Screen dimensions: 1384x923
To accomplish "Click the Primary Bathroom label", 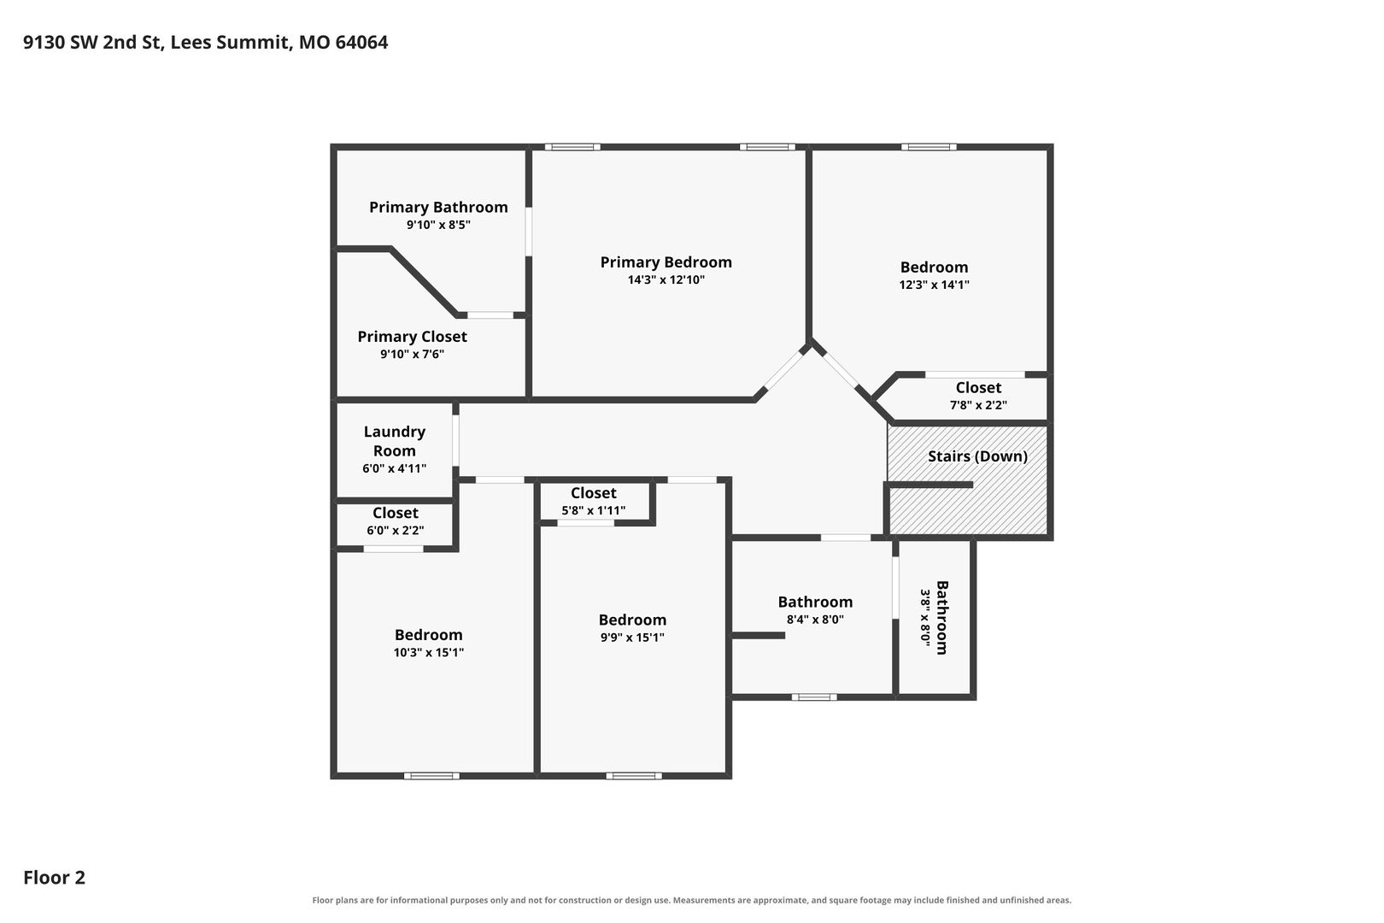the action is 438,207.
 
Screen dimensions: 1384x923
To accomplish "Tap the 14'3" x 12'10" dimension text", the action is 666,279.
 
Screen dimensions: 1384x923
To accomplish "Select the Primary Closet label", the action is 412,337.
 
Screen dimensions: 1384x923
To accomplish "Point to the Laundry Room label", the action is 394,441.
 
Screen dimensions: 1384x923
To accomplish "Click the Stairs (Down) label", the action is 977,456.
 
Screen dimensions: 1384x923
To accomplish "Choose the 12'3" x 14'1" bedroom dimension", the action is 935,285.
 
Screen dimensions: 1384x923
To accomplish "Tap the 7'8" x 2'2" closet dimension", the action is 979,405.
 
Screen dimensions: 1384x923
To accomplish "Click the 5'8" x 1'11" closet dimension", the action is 593,510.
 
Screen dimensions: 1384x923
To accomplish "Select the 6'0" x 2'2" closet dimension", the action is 396,530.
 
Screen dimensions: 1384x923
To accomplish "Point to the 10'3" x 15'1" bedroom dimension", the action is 429,652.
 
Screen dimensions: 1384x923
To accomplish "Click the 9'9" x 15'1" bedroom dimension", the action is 633,637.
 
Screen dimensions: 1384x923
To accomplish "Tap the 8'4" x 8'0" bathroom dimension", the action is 816,619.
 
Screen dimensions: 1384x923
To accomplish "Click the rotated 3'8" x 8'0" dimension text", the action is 925,618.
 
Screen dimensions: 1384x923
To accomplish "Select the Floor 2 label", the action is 55,877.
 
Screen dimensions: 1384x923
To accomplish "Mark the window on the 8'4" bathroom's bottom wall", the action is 814,697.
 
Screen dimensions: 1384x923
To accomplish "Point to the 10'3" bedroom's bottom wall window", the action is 432,776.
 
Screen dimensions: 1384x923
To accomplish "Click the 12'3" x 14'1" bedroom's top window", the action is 929,147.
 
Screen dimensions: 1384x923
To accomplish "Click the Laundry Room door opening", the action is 456,440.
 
